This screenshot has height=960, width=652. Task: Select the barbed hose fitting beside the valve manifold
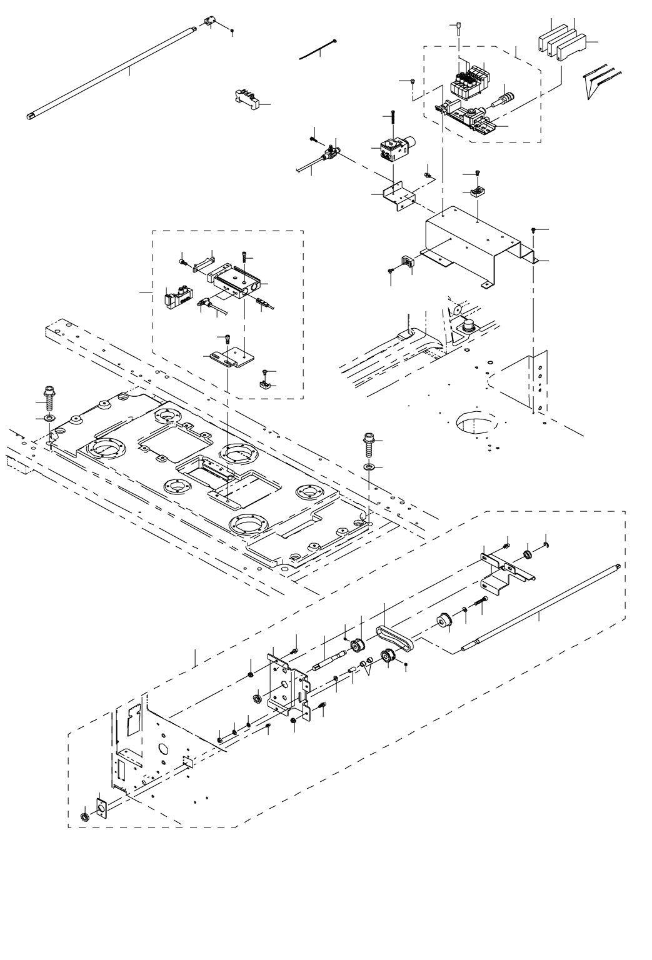click(x=503, y=99)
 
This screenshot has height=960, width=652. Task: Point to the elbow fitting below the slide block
click(x=203, y=304)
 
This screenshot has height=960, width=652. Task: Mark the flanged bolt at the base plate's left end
click(x=48, y=396)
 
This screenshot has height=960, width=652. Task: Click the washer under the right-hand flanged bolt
click(x=369, y=467)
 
